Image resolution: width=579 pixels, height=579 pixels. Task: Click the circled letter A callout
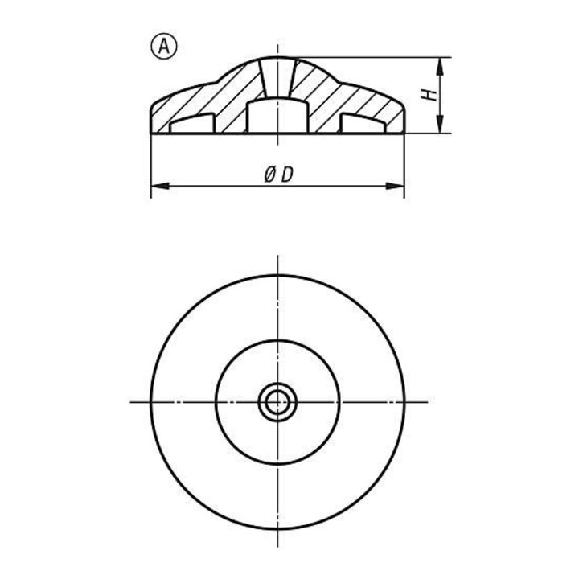click(x=164, y=47)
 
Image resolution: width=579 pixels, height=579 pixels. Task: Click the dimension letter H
click(x=429, y=95)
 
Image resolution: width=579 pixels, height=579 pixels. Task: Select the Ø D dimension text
click(x=278, y=175)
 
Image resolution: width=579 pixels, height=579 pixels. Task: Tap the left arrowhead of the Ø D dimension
click(x=160, y=186)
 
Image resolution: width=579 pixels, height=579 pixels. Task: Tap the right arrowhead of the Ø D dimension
click(x=395, y=186)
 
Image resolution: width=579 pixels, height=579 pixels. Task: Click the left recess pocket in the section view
click(x=192, y=123)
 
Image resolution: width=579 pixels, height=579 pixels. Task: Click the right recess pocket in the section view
click(x=363, y=123)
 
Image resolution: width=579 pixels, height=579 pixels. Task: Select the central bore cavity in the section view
click(x=277, y=116)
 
